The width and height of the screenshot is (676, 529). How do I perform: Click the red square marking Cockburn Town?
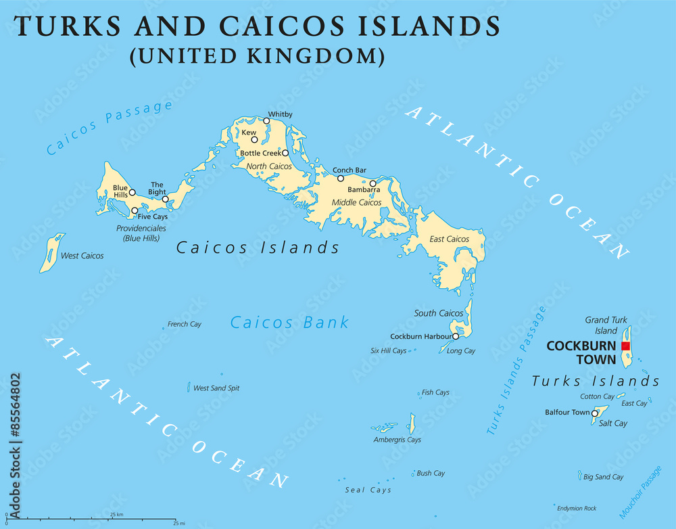tap(625, 346)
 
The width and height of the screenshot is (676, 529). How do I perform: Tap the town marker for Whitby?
tap(266, 121)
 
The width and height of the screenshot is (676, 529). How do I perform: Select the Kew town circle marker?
tap(255, 140)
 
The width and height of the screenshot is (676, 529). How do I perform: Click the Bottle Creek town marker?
tap(285, 153)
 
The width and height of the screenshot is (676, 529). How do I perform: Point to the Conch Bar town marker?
tap(341, 179)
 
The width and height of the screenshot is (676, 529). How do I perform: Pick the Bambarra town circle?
tap(372, 183)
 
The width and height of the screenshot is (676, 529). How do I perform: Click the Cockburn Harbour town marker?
tap(456, 336)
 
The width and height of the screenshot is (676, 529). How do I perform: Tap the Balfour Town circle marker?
tap(595, 413)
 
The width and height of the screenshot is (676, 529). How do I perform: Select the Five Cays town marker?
tap(135, 210)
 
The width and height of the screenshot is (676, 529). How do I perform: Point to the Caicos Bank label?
tap(289, 323)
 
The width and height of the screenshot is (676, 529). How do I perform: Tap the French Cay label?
tap(185, 324)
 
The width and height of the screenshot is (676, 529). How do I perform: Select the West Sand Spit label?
tap(216, 388)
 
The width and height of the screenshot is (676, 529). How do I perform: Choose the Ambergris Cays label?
tap(397, 440)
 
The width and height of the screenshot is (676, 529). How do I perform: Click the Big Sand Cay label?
tap(603, 477)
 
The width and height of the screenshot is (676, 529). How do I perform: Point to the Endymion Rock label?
tap(577, 508)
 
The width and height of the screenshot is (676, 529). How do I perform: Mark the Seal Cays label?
tap(368, 490)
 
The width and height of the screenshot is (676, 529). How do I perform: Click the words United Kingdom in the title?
tap(257, 56)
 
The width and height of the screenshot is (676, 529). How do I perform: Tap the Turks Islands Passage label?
tap(516, 371)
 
